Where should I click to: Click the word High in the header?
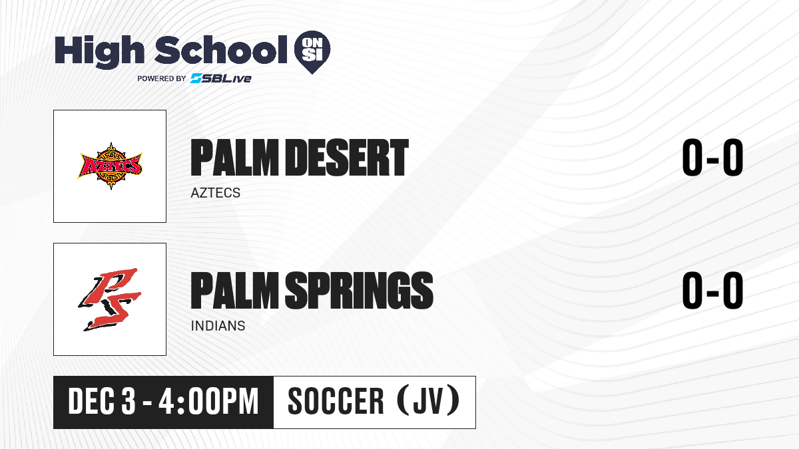coord(99,52)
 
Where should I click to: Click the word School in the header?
coord(221,50)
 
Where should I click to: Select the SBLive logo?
coord(221,78)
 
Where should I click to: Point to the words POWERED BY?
coord(162,78)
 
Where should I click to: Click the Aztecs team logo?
coord(111,166)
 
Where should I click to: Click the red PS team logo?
coord(110,299)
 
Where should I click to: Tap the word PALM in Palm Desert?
coord(234,158)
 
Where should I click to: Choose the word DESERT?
coord(348,158)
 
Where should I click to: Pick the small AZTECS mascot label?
coord(216,193)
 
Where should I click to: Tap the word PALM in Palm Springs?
coord(234,290)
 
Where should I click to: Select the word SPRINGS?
coord(359,290)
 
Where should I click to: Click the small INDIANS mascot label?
coord(218,326)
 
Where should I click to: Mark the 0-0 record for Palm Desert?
coord(712,158)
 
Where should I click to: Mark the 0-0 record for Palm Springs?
coord(712,290)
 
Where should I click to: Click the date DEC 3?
coord(102,402)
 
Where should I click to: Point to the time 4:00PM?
coord(208,402)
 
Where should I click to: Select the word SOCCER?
coord(336,401)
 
